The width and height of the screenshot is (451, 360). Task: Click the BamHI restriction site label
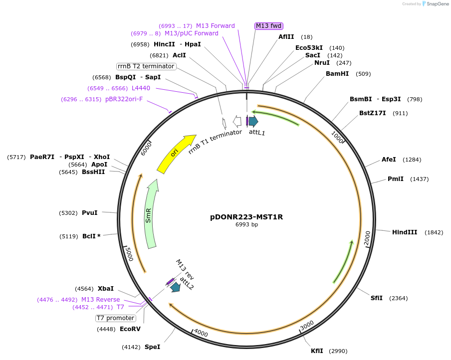[337, 74]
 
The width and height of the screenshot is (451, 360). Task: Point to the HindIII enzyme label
[404, 232]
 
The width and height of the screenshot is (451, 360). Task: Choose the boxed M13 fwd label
[269, 26]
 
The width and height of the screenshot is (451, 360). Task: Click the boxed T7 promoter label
[115, 318]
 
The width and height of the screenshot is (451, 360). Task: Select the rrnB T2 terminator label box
[146, 66]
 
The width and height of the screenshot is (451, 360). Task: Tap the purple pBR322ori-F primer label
[124, 99]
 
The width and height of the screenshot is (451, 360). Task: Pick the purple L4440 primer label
[141, 88]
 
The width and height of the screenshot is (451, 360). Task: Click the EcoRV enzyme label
[130, 329]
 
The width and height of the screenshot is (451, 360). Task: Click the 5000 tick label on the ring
[129, 253]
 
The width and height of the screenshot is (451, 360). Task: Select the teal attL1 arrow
[253, 121]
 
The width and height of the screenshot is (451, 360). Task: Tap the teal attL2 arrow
[175, 287]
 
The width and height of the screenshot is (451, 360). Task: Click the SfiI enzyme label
[376, 298]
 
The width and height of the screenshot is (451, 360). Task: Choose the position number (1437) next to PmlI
[419, 179]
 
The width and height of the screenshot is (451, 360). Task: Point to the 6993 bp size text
[246, 225]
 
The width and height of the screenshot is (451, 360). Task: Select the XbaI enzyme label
[106, 289]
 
